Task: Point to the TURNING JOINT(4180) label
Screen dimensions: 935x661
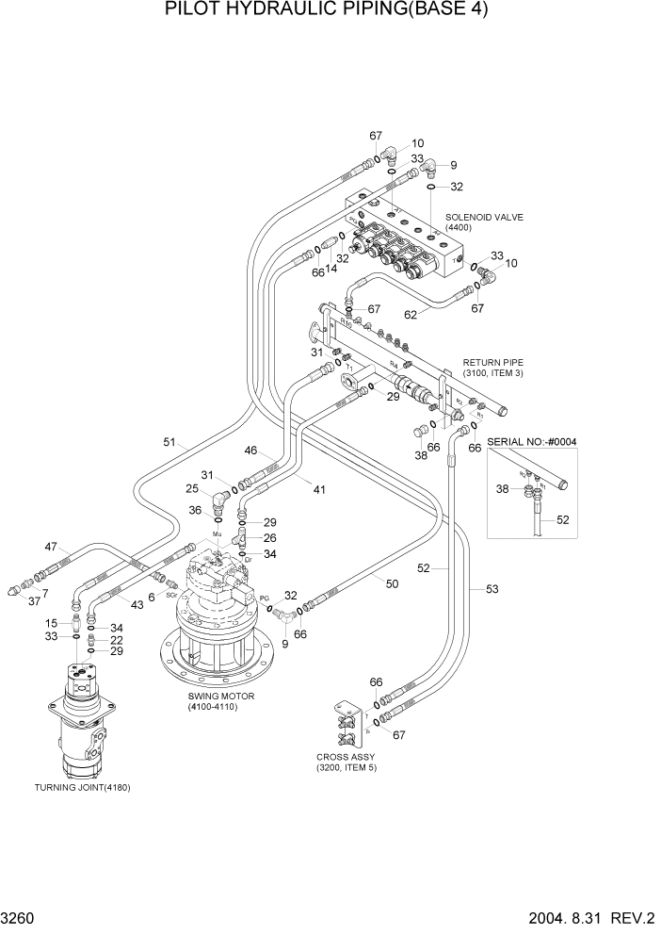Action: [x=82, y=787]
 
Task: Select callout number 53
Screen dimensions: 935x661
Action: [x=492, y=589]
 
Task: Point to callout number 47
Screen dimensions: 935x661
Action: [x=51, y=547]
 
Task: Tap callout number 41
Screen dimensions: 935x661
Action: [x=320, y=490]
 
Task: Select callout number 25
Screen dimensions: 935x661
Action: [x=192, y=488]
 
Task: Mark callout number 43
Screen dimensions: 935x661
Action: [x=137, y=604]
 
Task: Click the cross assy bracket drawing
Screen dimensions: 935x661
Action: [x=347, y=726]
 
